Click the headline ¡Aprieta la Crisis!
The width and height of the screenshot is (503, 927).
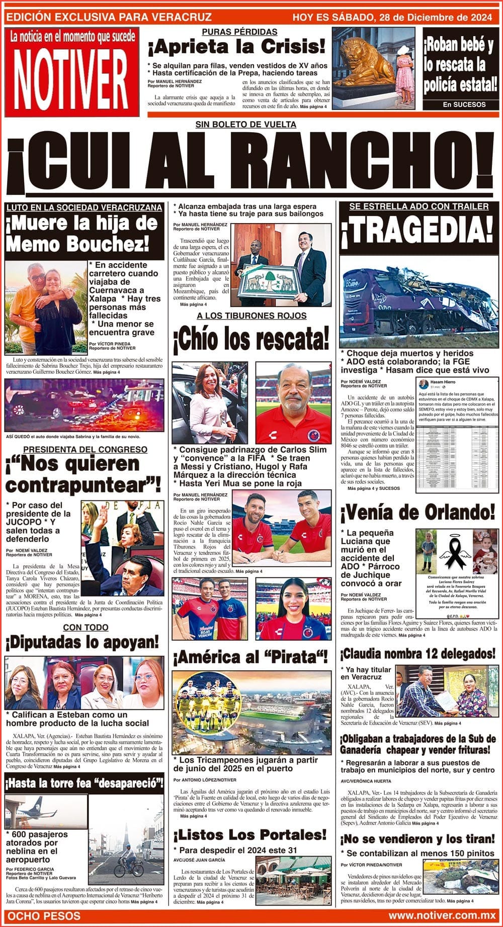[236, 48]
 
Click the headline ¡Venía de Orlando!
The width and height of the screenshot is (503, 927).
[417, 513]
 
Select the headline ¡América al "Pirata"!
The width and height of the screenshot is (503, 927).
[250, 657]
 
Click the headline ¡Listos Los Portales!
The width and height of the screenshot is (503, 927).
[250, 835]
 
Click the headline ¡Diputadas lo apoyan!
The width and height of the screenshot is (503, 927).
[82, 642]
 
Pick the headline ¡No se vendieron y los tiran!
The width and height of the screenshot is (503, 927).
[417, 839]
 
